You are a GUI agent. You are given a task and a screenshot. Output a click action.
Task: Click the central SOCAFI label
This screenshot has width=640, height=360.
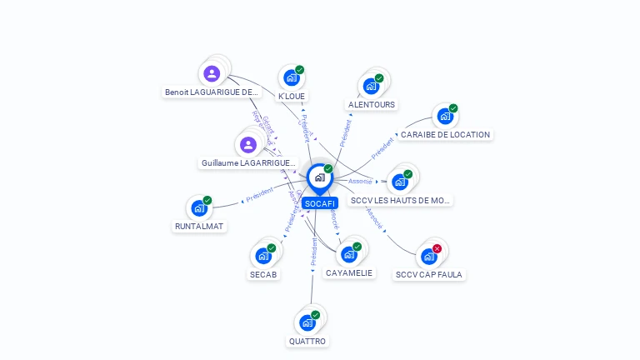coord(320,203)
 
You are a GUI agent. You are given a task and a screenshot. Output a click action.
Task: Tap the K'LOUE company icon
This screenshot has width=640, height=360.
coord(291,77)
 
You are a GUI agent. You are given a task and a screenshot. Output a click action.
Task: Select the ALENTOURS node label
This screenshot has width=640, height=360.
coord(372,105)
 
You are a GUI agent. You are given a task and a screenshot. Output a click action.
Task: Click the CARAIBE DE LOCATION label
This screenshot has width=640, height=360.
coord(445,134)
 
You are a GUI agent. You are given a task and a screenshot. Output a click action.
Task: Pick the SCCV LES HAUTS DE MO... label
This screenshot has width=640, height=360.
coord(401,201)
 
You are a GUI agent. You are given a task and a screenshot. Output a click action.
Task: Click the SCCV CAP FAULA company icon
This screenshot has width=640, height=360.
coord(428,256)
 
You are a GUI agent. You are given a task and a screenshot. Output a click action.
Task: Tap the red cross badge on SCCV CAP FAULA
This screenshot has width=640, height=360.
coord(437,248)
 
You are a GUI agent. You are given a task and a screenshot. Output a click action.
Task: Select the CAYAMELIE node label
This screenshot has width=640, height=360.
coord(350,273)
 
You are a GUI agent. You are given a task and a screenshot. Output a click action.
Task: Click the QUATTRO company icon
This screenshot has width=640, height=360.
coord(307,322)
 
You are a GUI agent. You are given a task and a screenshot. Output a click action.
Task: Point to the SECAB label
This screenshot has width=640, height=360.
coord(263,274)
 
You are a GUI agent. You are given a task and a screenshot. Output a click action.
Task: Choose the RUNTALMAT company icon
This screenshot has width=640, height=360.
coord(199,208)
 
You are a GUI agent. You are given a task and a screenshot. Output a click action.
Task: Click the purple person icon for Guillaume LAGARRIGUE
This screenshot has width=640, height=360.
coord(247,145)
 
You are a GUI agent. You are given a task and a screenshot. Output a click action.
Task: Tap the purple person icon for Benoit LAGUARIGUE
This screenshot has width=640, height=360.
coord(212,73)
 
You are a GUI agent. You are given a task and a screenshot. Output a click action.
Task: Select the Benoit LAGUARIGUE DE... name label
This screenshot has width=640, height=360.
coord(212,92)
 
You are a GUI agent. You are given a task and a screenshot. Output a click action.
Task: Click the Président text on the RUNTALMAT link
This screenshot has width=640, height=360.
coord(259,196)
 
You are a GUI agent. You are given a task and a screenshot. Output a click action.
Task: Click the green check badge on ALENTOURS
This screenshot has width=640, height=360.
coord(379,78)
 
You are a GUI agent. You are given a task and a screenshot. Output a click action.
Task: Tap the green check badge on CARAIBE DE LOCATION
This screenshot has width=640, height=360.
coord(453,108)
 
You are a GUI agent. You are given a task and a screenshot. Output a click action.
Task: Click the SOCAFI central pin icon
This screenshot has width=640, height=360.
coord(319,177)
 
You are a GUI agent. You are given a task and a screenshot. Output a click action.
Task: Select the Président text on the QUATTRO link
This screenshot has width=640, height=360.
coord(314,252)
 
